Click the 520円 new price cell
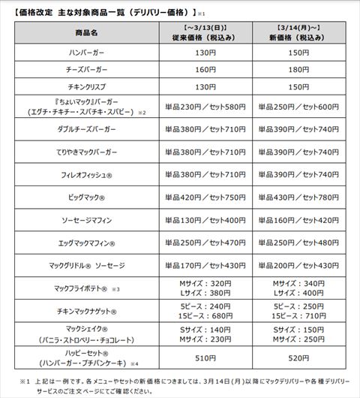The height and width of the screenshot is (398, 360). [x=299, y=357]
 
